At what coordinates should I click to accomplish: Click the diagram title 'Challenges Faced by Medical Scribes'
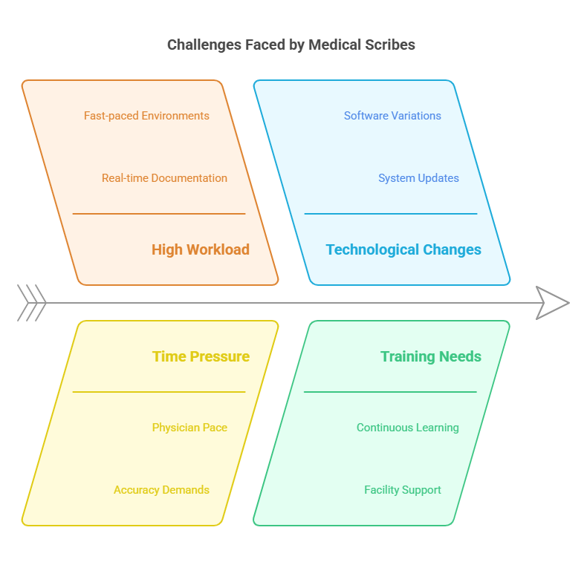[291, 45]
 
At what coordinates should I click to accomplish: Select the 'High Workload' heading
[201, 249]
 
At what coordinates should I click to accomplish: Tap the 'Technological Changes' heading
[403, 249]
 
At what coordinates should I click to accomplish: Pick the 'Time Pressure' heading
[201, 356]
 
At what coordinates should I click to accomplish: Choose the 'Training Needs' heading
[431, 356]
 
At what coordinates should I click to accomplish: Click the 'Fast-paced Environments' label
[146, 116]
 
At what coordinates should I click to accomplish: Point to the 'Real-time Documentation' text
[164, 178]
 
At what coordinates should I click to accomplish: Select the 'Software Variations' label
[392, 116]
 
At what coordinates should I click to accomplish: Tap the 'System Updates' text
[418, 178]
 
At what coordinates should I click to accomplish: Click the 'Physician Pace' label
[189, 428]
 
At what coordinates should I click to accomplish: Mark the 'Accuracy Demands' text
[161, 490]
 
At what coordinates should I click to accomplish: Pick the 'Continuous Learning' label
[407, 428]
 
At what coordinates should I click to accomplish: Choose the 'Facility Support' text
[402, 490]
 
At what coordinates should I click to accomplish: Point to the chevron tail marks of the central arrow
[32, 303]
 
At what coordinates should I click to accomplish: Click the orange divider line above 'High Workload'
[159, 214]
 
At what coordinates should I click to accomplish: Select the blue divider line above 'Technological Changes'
[391, 214]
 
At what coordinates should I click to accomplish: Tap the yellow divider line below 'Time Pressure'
[159, 392]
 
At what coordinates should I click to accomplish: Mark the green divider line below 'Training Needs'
[391, 392]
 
